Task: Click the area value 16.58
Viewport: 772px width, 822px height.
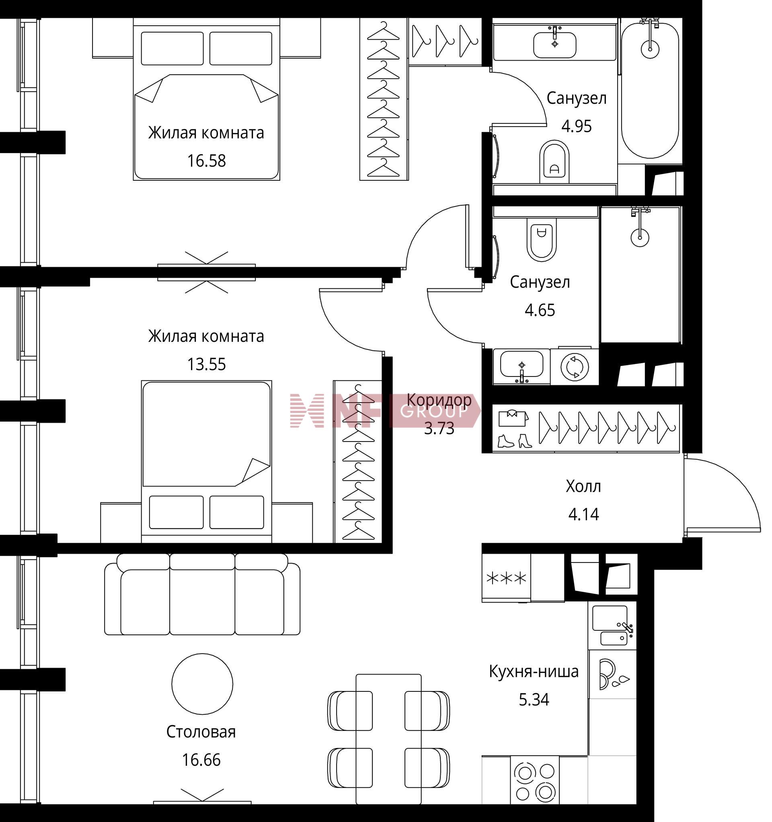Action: pos(206,161)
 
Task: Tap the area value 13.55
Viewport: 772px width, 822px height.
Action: pos(206,364)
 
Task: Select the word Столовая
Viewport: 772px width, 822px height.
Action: pos(201,732)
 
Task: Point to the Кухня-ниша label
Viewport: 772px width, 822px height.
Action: pos(534,671)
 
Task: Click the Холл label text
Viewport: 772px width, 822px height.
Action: pos(583,486)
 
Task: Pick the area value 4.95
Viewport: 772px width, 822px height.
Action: pos(576,126)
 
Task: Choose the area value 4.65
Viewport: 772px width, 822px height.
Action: pos(540,310)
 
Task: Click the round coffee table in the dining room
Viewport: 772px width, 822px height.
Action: pos(202,684)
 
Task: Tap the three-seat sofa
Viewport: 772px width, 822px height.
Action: pos(202,594)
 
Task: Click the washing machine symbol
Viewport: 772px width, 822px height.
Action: pos(575,366)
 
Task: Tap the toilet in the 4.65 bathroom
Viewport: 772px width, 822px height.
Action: pos(542,239)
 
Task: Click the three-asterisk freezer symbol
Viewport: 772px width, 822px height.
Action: pos(506,578)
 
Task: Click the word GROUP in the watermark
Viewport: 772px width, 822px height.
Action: pos(433,411)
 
